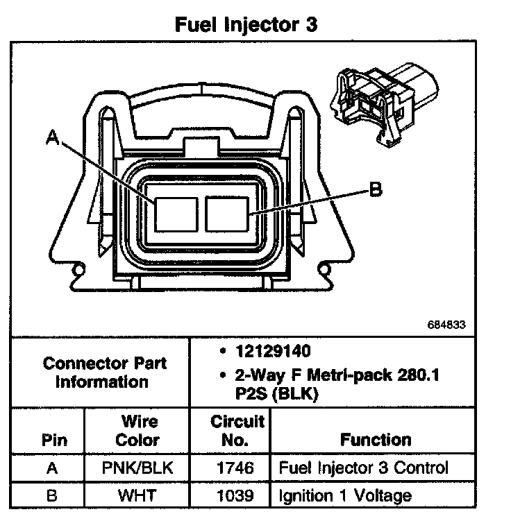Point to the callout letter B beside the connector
375,189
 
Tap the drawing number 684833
448,325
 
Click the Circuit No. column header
228,430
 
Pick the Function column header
375,439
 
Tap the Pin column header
54,439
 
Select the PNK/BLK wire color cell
137,468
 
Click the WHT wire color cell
137,495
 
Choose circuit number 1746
228,468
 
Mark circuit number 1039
228,495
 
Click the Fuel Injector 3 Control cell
363,468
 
